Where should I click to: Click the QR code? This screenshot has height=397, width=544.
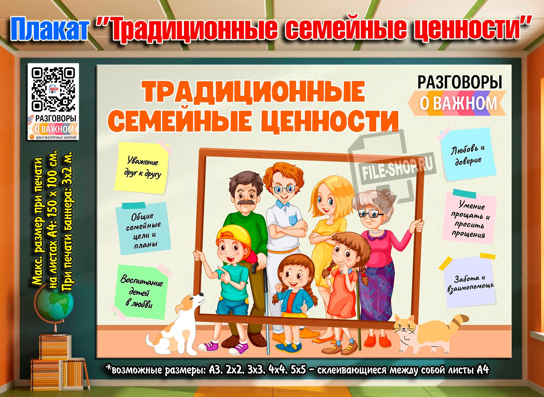pos(53,89)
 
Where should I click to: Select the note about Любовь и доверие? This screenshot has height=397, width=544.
pos(468,155)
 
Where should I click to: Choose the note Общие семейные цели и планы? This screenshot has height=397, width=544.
pos(143,229)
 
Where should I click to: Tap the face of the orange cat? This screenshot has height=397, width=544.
pos(404,328)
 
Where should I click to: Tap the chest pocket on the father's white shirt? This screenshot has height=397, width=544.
pos(293,220)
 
